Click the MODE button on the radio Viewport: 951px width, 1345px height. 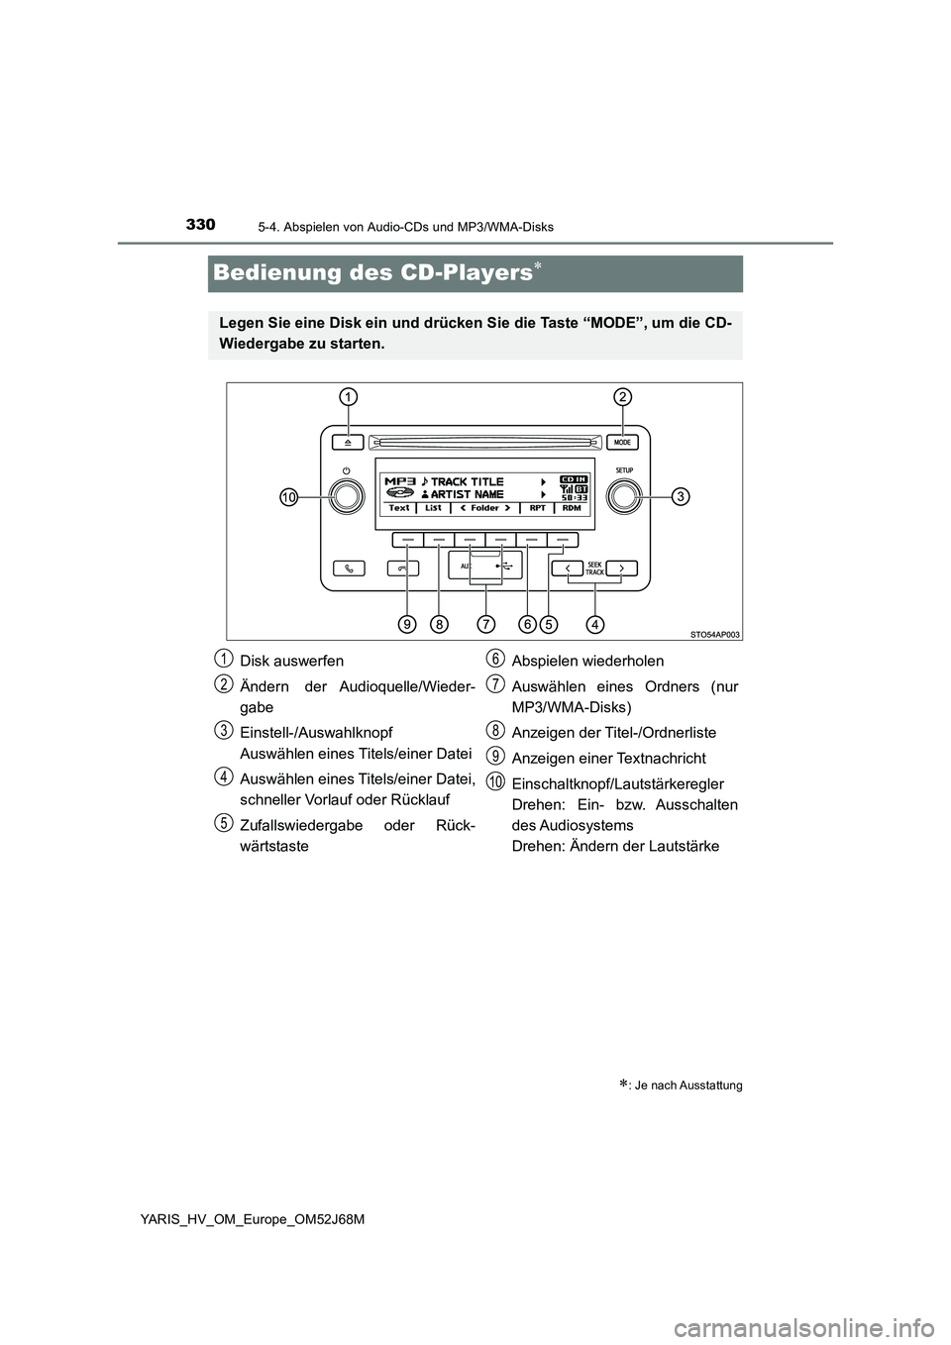click(x=622, y=442)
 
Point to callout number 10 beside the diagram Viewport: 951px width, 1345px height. click(x=287, y=498)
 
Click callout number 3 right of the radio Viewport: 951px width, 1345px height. click(x=681, y=495)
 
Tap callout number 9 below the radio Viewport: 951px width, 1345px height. click(x=407, y=624)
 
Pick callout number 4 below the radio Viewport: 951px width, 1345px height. click(x=594, y=624)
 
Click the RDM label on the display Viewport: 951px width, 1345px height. click(x=572, y=508)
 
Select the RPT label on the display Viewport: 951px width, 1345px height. click(x=537, y=508)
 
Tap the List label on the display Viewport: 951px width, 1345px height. click(x=434, y=508)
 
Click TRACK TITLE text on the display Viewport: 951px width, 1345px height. click(x=467, y=482)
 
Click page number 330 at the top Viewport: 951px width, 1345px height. click(x=199, y=225)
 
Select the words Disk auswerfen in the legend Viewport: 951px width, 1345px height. click(x=291, y=661)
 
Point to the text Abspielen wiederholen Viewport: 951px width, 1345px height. click(x=587, y=661)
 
